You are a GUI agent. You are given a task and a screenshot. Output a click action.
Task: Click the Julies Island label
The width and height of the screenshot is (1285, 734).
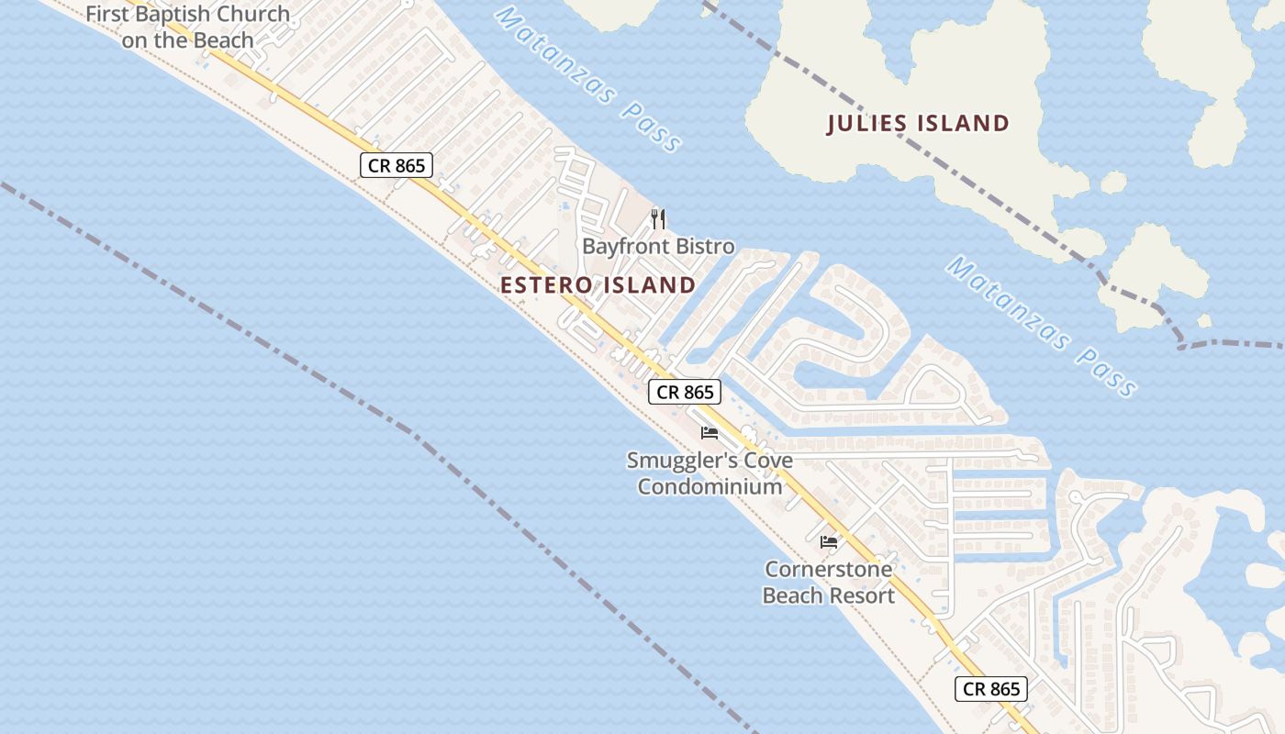(918, 123)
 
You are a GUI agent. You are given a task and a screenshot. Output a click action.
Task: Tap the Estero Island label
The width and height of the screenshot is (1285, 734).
(598, 285)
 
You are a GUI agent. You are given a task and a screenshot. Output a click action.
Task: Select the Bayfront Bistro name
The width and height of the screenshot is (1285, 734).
(658, 247)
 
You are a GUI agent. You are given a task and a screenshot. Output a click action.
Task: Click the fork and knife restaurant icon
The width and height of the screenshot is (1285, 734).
(657, 218)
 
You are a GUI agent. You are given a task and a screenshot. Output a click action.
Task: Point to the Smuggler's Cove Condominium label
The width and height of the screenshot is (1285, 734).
(710, 473)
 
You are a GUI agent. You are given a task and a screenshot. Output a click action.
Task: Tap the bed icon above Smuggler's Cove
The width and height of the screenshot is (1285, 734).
(709, 433)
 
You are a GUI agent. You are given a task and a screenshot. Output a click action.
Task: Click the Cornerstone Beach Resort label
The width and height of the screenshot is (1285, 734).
(829, 583)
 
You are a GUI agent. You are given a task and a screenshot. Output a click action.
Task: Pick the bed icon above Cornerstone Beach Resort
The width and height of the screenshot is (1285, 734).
(829, 541)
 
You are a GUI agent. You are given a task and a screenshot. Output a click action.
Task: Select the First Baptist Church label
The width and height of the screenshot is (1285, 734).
(187, 28)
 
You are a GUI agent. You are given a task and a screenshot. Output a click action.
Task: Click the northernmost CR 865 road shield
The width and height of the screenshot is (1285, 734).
(396, 165)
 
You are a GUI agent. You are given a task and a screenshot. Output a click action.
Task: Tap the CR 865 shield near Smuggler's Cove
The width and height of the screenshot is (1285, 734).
(685, 393)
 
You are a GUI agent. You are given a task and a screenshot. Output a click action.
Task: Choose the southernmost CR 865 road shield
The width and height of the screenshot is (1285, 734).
(991, 689)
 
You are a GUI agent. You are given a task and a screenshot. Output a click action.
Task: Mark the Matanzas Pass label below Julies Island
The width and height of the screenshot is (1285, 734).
(1041, 327)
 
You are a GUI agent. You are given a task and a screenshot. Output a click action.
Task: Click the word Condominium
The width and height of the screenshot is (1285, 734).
(710, 486)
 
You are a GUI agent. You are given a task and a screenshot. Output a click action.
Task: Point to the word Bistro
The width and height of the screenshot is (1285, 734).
(706, 247)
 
